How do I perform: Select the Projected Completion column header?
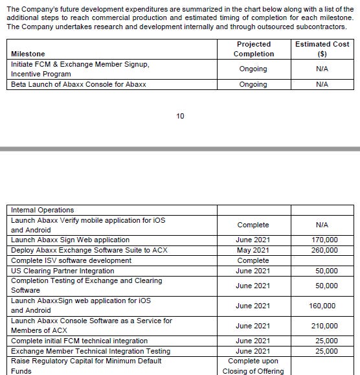(253, 49)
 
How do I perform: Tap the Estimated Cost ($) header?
(322, 49)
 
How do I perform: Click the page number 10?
(180, 116)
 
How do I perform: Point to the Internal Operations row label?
(43, 210)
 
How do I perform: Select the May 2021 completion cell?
(253, 250)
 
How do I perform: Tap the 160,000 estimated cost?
(322, 306)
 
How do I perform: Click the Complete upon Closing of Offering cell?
(253, 366)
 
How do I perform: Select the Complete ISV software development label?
(71, 260)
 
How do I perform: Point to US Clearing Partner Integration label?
(63, 271)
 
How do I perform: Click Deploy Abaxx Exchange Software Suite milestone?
(89, 250)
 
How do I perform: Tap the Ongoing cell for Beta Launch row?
(253, 85)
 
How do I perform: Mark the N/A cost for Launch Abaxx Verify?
(322, 225)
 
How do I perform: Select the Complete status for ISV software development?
(253, 260)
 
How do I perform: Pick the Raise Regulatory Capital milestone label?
(86, 361)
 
